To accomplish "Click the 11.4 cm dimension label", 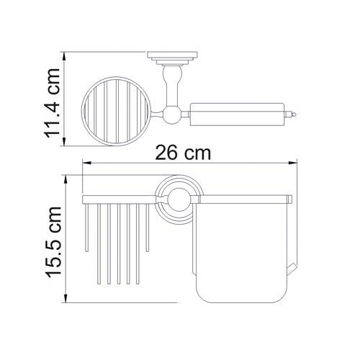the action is (53, 103).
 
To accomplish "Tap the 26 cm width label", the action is (183, 153).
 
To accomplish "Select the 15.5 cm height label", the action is (53, 242).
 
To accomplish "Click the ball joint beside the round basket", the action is (171, 114).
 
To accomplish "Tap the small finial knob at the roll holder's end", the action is (294, 114).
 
